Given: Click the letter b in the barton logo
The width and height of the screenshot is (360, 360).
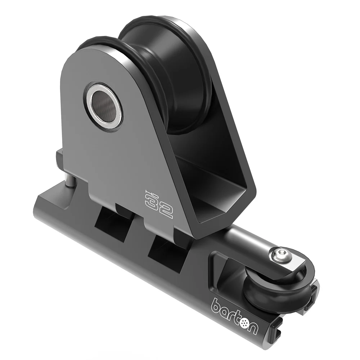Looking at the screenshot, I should point(217,304).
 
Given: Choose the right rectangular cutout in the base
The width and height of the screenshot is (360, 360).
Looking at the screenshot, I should point(166,252).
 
